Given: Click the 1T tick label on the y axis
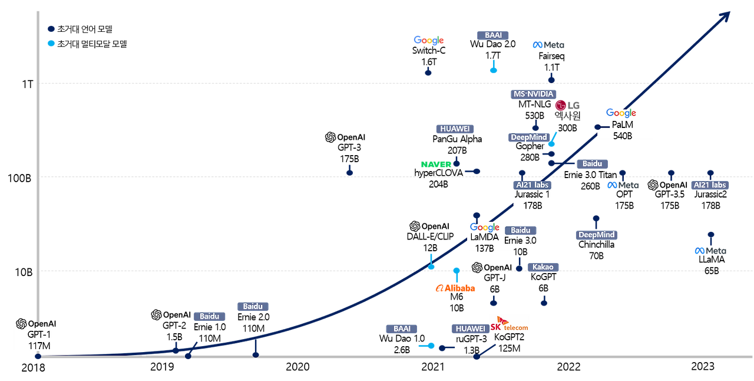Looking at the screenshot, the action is click(x=28, y=84).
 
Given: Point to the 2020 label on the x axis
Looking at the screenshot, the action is click(x=297, y=367).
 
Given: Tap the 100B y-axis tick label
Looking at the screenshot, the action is click(x=19, y=178).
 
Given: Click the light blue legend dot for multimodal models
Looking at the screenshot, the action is click(x=51, y=44).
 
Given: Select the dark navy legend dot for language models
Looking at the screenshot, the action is click(x=51, y=29).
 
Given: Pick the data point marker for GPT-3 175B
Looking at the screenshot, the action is click(x=350, y=173).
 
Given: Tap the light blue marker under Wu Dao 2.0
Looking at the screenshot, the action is click(x=494, y=70).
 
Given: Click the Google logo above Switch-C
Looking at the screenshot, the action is click(x=428, y=41).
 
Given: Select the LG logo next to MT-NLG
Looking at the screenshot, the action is click(x=567, y=106).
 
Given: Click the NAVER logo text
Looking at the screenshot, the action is click(x=436, y=164).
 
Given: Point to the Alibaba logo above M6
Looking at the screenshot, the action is click(x=455, y=288).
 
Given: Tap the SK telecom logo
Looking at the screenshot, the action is click(x=509, y=324).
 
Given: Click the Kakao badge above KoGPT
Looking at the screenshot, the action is click(x=543, y=267).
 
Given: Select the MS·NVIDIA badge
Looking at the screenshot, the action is click(x=533, y=94).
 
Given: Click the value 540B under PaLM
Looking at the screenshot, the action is click(x=623, y=136).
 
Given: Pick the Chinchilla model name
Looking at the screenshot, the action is click(x=596, y=244).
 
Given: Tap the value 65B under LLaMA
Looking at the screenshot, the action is click(x=712, y=271).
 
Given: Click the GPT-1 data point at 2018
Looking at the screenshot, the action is click(x=38, y=356).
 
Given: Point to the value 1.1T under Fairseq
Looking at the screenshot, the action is click(x=552, y=67).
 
